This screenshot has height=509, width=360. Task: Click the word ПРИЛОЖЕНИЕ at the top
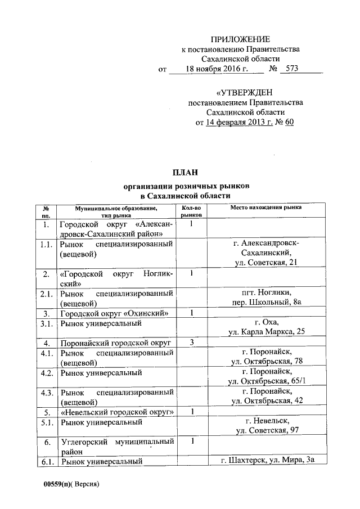240,39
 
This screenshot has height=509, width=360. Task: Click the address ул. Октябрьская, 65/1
272,382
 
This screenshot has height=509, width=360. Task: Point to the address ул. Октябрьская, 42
272,402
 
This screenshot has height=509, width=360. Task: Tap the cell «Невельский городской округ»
116,412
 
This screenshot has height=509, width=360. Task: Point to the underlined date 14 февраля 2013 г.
238,122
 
